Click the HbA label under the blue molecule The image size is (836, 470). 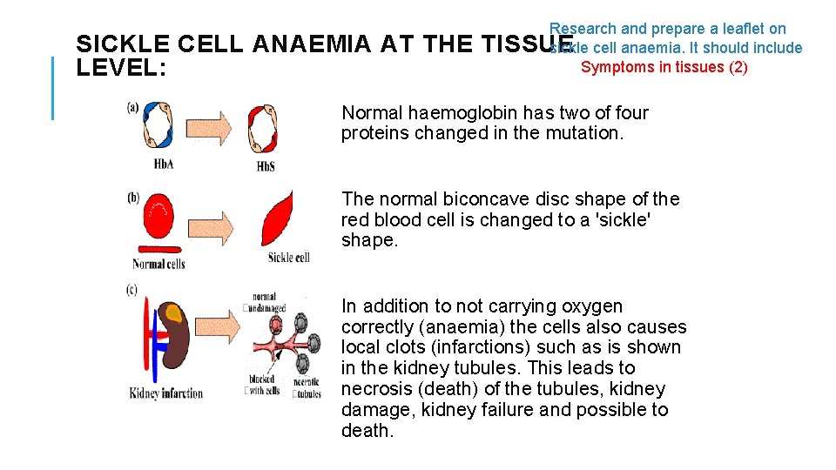point(163,164)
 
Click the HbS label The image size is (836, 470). point(266,165)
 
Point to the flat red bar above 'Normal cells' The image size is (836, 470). point(158,247)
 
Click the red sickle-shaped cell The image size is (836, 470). point(280,220)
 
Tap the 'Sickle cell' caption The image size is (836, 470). point(288,258)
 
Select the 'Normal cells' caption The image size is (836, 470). point(158,264)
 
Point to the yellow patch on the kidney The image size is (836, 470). point(174,313)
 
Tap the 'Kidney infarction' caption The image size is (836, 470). point(165,393)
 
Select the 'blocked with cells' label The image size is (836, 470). point(260,384)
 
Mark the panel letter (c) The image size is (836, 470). point(132,290)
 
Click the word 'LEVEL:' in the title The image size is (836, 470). point(121,67)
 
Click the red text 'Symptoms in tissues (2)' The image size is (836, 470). point(664,67)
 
